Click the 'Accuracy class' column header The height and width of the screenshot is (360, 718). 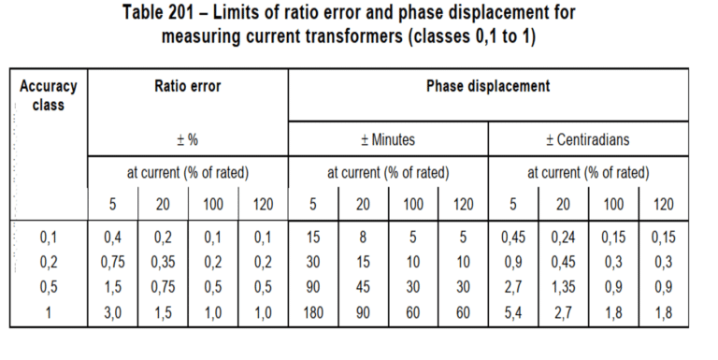[48, 95]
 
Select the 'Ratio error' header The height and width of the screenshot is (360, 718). [188, 86]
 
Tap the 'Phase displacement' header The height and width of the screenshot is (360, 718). [488, 86]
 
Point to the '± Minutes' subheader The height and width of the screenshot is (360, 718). [388, 139]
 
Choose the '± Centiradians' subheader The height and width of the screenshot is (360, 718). [588, 139]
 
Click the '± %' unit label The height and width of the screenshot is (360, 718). [188, 139]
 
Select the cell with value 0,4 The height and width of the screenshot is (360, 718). [112, 238]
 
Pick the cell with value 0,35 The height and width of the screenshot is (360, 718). [163, 263]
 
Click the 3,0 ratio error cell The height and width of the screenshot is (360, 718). [112, 313]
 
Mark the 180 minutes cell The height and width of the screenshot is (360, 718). [313, 313]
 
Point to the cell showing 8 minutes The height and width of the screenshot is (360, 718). [363, 238]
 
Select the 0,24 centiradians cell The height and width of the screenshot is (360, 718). [563, 238]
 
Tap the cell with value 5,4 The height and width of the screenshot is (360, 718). [513, 313]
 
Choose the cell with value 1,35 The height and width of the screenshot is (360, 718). [563, 288]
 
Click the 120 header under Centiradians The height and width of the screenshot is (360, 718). [664, 204]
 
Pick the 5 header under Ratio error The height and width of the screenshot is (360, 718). [112, 204]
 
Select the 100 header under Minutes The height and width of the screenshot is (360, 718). [413, 204]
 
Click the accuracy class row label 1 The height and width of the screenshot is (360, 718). [48, 313]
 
